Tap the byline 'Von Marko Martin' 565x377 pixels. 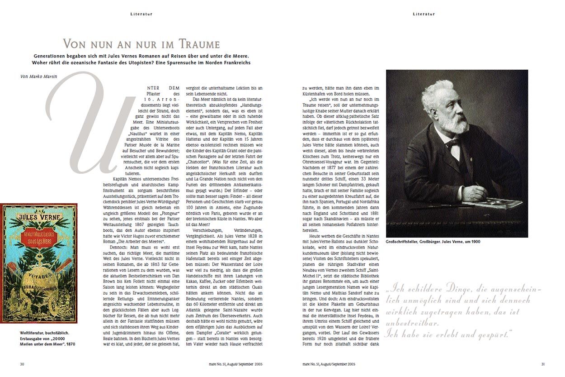click(x=39, y=76)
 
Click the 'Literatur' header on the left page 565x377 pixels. click(x=141, y=14)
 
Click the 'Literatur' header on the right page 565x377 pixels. click(x=424, y=14)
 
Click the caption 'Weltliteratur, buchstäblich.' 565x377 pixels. click(x=44, y=333)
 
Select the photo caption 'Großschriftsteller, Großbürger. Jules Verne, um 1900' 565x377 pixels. click(x=433, y=242)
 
